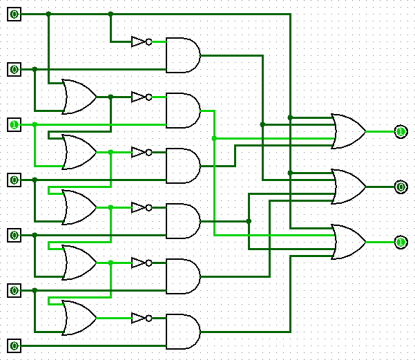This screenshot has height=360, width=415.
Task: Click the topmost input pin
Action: point(14,14)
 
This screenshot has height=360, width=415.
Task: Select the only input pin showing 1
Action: point(14,124)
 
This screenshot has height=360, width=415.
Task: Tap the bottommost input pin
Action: point(14,345)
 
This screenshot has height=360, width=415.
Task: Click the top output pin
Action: point(400,131)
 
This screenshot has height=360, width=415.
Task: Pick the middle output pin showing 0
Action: point(400,187)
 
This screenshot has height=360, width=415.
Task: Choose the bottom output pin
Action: point(400,242)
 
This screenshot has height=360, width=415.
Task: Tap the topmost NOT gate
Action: point(140,41)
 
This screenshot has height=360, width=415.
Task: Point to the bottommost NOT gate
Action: point(140,318)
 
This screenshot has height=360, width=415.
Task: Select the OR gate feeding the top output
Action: point(349,131)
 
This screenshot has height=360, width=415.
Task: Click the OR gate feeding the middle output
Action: point(349,187)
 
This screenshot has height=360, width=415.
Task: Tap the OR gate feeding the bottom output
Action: point(349,242)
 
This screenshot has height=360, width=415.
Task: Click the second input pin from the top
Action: point(14,69)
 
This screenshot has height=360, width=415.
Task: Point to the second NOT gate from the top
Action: point(140,97)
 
